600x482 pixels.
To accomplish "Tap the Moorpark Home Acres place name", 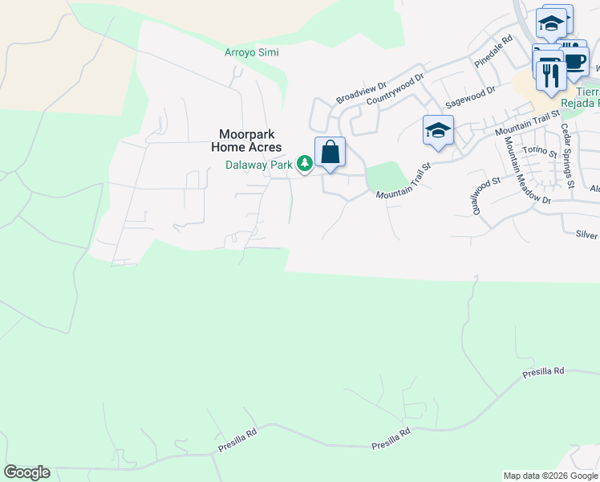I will (x=246, y=141).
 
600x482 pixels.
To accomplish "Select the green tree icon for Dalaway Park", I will (x=305, y=164).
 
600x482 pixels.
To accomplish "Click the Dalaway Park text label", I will (x=259, y=165).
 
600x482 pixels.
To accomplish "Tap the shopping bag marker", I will (x=330, y=152).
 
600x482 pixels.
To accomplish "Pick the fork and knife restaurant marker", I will (x=550, y=76).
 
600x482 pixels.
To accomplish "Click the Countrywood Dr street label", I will (x=395, y=90).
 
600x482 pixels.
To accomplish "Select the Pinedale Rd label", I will (x=493, y=51).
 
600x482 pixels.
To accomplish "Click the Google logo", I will (x=26, y=472).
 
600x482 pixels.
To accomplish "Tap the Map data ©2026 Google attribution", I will (x=550, y=476).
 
